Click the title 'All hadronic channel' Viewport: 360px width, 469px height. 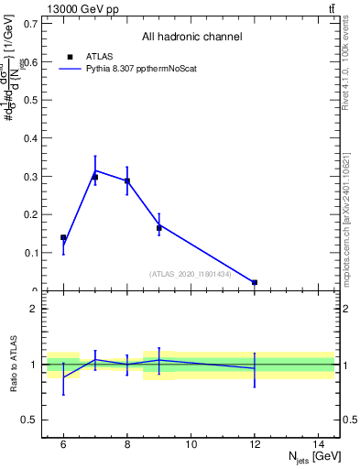point(191,38)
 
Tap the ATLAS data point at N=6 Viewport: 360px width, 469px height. point(63,237)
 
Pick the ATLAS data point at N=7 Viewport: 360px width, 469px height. point(95,177)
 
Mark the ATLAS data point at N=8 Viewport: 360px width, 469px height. point(127,180)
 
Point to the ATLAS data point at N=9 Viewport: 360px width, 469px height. point(159,227)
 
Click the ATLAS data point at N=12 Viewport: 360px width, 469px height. point(255,282)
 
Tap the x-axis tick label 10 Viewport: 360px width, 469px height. point(191,444)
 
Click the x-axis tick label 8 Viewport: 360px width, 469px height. point(127,444)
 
